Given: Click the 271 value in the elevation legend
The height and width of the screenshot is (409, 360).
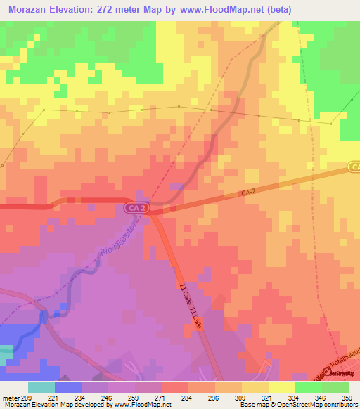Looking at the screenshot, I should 162,398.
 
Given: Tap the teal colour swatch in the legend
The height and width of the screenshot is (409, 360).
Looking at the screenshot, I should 41,387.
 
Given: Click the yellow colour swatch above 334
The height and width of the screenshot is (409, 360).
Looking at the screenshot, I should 282,387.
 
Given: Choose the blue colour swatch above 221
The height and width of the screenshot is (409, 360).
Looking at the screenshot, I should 68,387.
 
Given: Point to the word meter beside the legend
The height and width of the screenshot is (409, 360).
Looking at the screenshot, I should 9,398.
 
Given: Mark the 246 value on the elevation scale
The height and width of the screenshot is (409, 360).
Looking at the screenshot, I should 108,398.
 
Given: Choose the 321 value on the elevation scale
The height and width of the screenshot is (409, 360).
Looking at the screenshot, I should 268,398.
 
